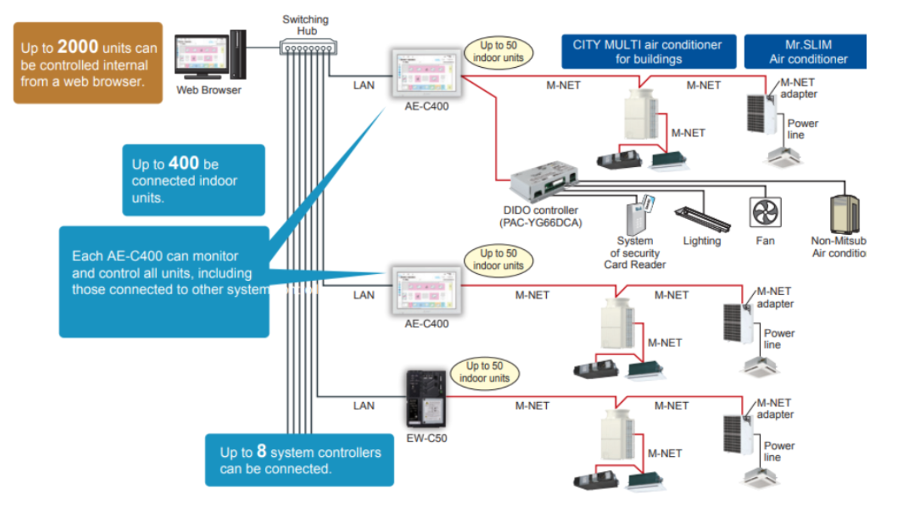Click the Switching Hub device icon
click(306, 46)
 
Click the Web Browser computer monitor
click(202, 57)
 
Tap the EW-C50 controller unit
click(426, 399)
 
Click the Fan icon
click(765, 212)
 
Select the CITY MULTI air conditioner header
click(647, 52)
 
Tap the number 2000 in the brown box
click(78, 47)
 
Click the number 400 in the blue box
click(184, 163)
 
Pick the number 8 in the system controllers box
click(261, 452)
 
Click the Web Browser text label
click(209, 90)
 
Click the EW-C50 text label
click(426, 437)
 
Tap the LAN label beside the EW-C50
click(364, 406)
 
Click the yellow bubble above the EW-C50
click(484, 372)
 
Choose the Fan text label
click(765, 241)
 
